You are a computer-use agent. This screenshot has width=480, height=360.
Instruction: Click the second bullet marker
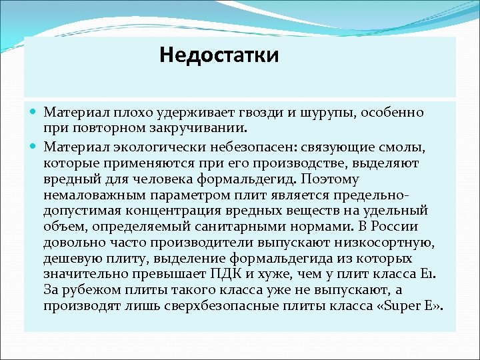pyautogui.click(x=34, y=145)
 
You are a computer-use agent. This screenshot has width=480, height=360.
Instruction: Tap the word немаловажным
pyautogui.click(x=95, y=195)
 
